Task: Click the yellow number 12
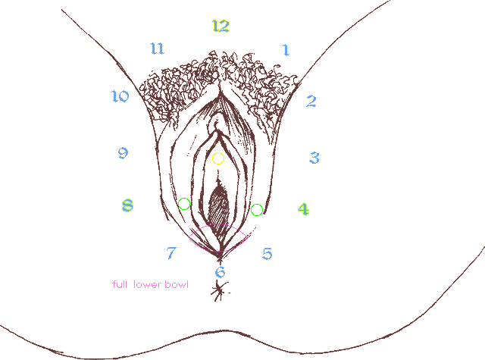click(x=221, y=26)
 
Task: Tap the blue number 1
click(x=286, y=50)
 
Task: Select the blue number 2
click(x=311, y=101)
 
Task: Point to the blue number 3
click(x=314, y=158)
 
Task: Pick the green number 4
click(x=303, y=209)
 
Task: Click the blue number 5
click(x=268, y=254)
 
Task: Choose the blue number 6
click(x=220, y=272)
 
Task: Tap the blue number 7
click(x=171, y=252)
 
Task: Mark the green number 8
click(x=127, y=205)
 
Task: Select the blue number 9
click(x=123, y=153)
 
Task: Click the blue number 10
click(x=120, y=96)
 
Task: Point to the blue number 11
click(x=157, y=49)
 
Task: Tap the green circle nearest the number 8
click(x=184, y=199)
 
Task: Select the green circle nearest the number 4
click(x=257, y=204)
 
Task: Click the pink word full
click(x=120, y=284)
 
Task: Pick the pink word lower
click(x=147, y=284)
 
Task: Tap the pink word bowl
click(x=177, y=284)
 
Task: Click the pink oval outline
click(x=217, y=224)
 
